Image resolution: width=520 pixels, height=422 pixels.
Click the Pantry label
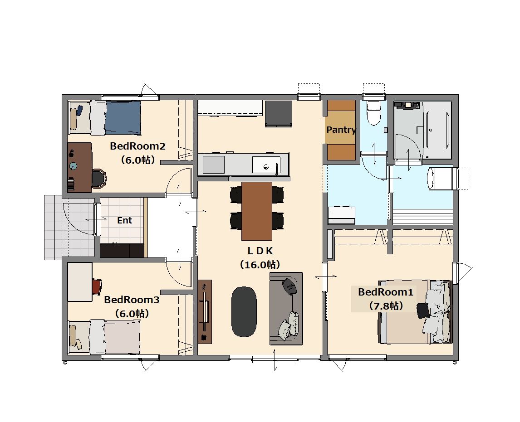[x=341, y=130]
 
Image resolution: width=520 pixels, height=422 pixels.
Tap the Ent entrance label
[x=124, y=220]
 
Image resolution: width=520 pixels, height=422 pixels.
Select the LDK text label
[x=260, y=251]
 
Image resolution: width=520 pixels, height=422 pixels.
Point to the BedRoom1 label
[x=385, y=292]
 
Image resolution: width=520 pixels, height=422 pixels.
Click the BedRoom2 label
[x=137, y=146]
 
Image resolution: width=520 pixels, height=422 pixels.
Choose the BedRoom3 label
[x=132, y=300]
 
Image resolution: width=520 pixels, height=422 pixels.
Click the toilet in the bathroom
[x=374, y=113]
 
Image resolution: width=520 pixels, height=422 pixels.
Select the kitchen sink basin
[x=266, y=165]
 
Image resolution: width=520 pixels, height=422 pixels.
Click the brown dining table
[x=257, y=211]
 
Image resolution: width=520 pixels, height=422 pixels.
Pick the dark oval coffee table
[x=244, y=312]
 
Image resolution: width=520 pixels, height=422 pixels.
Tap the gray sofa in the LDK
[x=286, y=309]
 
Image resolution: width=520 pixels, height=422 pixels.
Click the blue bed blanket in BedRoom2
[x=123, y=118]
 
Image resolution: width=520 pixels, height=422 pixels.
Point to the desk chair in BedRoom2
[x=98, y=179]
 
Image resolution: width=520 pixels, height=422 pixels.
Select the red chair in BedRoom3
[x=97, y=286]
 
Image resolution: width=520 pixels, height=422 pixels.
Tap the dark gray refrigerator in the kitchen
[x=279, y=114]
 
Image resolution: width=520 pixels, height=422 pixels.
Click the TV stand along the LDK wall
[x=205, y=312]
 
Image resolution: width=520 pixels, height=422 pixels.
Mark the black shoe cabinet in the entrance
[x=122, y=250]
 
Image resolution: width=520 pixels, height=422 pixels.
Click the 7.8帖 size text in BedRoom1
[x=386, y=306]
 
